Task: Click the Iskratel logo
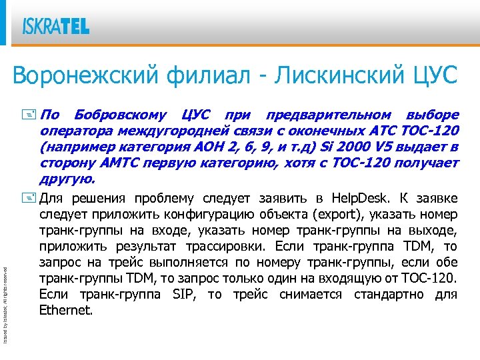56,26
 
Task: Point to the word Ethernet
65,310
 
